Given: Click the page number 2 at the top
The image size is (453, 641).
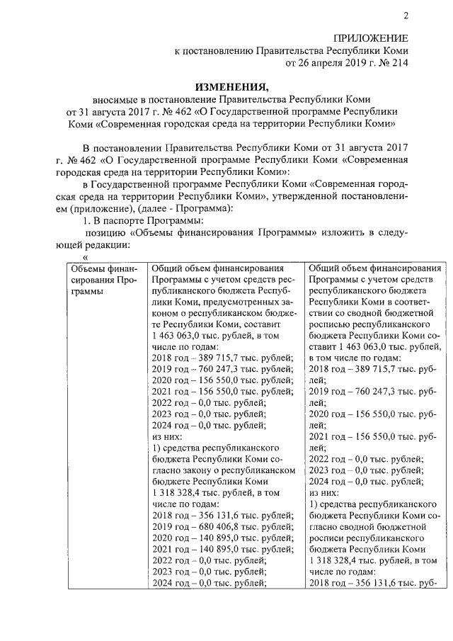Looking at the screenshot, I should (x=406, y=16).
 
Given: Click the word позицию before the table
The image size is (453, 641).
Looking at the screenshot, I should (x=105, y=232).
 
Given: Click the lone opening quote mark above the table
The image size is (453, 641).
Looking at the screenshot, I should (x=85, y=256).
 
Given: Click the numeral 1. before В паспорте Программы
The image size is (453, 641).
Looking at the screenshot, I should (x=88, y=220).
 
